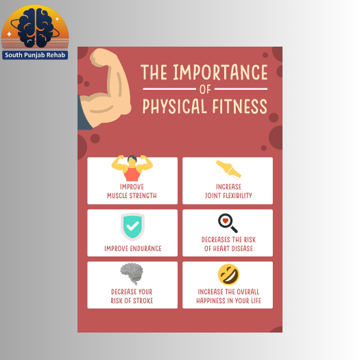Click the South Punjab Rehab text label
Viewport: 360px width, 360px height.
(x=35, y=55)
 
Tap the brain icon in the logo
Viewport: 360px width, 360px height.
(x=36, y=28)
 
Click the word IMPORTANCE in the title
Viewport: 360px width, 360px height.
(x=220, y=72)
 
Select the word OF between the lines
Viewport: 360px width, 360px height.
(x=205, y=89)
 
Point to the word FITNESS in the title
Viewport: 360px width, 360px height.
(x=240, y=106)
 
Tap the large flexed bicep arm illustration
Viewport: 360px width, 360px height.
(x=104, y=88)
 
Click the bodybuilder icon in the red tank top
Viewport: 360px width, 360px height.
(x=132, y=168)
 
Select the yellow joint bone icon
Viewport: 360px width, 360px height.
(x=228, y=169)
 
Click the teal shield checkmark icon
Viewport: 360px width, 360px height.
(x=132, y=226)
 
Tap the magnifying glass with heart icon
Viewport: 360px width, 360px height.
(x=228, y=223)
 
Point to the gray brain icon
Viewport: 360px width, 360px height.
(x=132, y=274)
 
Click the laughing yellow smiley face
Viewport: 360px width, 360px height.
(x=228, y=274)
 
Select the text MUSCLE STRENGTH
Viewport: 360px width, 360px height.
(x=132, y=195)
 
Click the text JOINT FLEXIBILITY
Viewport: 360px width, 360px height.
(x=228, y=195)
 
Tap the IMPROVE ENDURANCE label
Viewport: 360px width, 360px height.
(x=133, y=248)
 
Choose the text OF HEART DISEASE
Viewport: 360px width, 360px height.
(x=228, y=248)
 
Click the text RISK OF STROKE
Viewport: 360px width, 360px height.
(x=132, y=301)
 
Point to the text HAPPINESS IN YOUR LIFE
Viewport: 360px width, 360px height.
(x=228, y=301)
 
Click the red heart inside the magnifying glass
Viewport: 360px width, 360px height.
(x=226, y=221)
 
